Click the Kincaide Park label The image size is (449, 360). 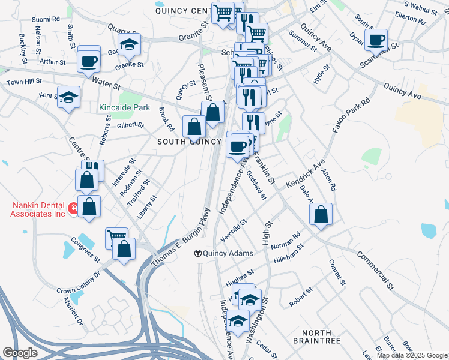coord(124,109)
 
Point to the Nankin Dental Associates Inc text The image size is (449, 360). coord(38,209)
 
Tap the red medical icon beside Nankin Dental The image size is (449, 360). coord(73,209)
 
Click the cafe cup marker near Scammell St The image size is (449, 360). coord(376,40)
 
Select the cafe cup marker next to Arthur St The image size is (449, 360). coord(89,61)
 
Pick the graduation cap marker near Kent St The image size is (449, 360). coord(69,97)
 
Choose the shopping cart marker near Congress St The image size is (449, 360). coord(116,238)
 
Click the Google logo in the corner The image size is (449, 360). coord(20,353)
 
